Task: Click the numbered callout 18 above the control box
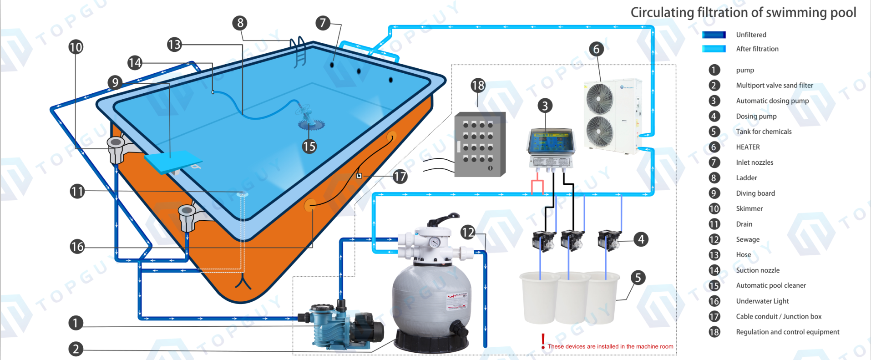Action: pyautogui.click(x=478, y=86)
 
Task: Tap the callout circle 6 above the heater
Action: pyautogui.click(x=596, y=49)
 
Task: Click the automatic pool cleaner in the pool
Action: pyautogui.click(x=310, y=119)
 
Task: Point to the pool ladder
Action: pyautogui.click(x=299, y=51)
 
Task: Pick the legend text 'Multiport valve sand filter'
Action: pyautogui.click(x=775, y=86)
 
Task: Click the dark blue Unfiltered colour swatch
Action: pyautogui.click(x=714, y=35)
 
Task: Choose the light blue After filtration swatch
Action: pyautogui.click(x=714, y=49)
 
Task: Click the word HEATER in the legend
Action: pyautogui.click(x=748, y=147)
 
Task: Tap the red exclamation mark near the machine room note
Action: pyautogui.click(x=543, y=341)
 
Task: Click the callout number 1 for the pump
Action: pyautogui.click(x=76, y=323)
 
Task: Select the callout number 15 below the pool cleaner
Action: pyautogui.click(x=309, y=147)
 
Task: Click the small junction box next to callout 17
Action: pyautogui.click(x=359, y=176)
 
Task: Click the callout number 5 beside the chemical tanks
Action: pyautogui.click(x=638, y=278)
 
